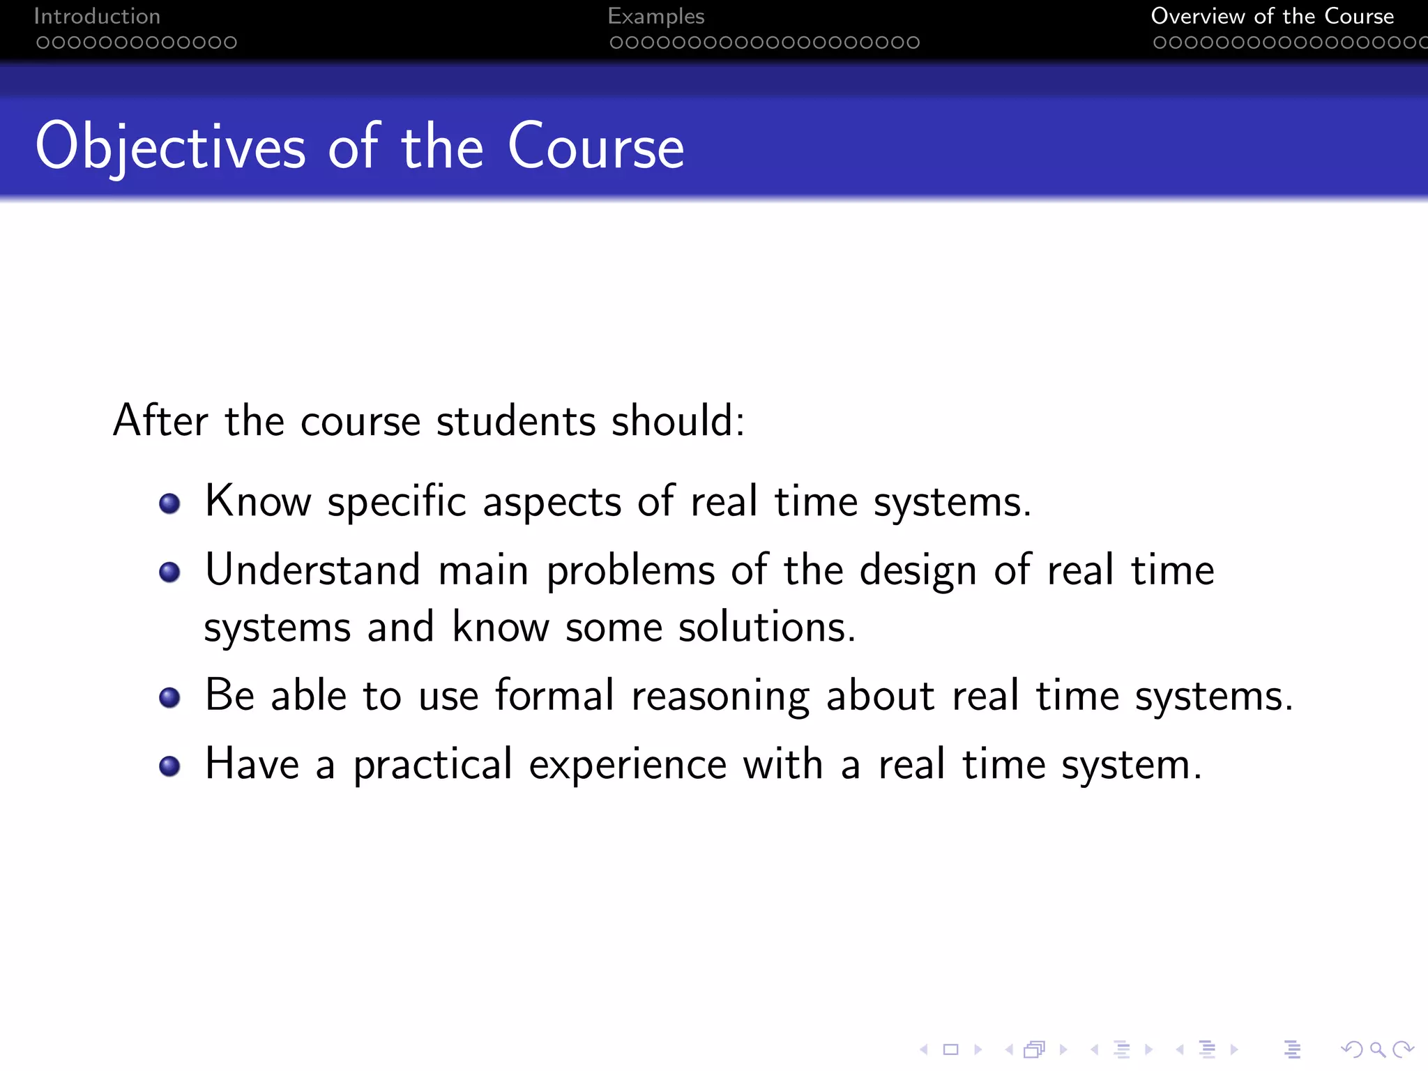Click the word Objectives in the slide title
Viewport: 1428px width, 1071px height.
pyautogui.click(x=170, y=147)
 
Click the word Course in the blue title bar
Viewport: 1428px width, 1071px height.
pyautogui.click(x=595, y=147)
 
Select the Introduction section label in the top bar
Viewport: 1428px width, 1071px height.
pyautogui.click(x=97, y=16)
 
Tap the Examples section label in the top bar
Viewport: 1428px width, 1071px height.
pyautogui.click(x=655, y=16)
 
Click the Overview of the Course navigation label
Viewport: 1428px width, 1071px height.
pyautogui.click(x=1272, y=16)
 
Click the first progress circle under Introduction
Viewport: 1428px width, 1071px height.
pyautogui.click(x=43, y=43)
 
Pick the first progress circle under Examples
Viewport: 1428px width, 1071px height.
pyautogui.click(x=616, y=43)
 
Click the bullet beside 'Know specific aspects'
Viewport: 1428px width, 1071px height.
pyautogui.click(x=169, y=503)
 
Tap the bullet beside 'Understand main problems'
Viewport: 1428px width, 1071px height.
pyautogui.click(x=169, y=572)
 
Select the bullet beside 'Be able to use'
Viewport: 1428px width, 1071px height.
pyautogui.click(x=169, y=697)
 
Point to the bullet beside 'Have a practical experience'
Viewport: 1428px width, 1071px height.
pyautogui.click(x=169, y=766)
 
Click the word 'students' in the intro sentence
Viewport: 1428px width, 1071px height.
pyautogui.click(x=516, y=421)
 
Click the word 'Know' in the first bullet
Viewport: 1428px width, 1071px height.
pyautogui.click(x=257, y=501)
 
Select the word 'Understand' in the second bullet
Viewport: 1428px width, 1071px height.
pyautogui.click(x=312, y=570)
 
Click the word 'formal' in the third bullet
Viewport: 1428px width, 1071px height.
pyautogui.click(x=554, y=695)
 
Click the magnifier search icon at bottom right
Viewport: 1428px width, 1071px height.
pyautogui.click(x=1377, y=1049)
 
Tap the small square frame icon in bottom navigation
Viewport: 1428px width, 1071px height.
pyautogui.click(x=950, y=1049)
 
